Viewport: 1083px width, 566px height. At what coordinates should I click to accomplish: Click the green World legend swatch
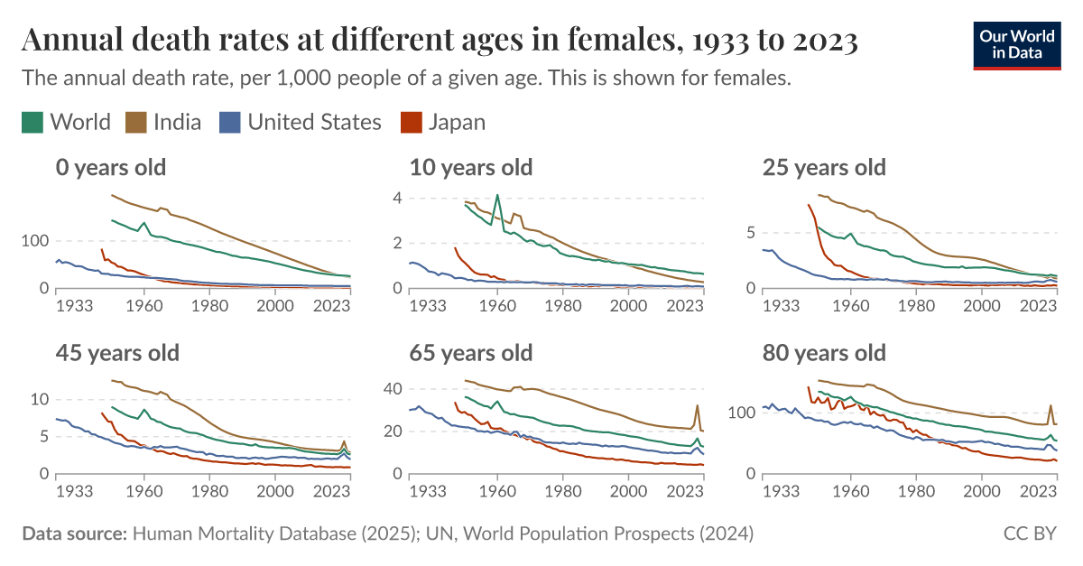[32, 122]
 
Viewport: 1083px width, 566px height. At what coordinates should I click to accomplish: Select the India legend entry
[162, 122]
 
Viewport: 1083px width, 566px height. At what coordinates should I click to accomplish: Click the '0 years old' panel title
[110, 167]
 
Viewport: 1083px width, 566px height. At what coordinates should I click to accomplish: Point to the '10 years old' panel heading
[470, 167]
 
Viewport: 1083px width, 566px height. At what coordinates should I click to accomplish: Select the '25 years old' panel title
[824, 167]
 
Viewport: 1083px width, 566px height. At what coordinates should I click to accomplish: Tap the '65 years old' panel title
[470, 352]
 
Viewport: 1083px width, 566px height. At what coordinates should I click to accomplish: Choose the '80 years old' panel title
[824, 352]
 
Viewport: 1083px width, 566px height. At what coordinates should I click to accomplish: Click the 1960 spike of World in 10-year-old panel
[497, 195]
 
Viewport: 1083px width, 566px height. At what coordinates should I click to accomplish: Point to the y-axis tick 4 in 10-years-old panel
[395, 198]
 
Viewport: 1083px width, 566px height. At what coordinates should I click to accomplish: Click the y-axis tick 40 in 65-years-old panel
[391, 389]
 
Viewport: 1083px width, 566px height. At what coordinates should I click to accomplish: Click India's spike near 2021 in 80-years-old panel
[1051, 406]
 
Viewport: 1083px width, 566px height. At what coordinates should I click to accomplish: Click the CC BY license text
[1030, 534]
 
